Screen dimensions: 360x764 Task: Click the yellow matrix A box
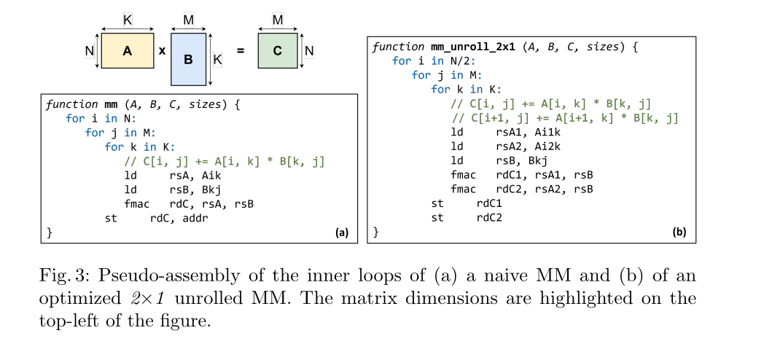[x=127, y=51]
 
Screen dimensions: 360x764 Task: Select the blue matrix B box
[x=188, y=60]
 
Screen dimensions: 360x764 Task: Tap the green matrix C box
[x=277, y=51]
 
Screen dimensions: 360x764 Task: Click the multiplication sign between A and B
[x=162, y=52]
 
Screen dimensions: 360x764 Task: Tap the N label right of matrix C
[x=309, y=51]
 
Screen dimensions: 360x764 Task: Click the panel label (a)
[x=341, y=233]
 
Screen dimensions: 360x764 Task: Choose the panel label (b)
[x=679, y=233]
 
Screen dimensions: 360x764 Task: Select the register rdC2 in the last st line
[x=490, y=217]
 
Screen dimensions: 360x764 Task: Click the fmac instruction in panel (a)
[x=138, y=204]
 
